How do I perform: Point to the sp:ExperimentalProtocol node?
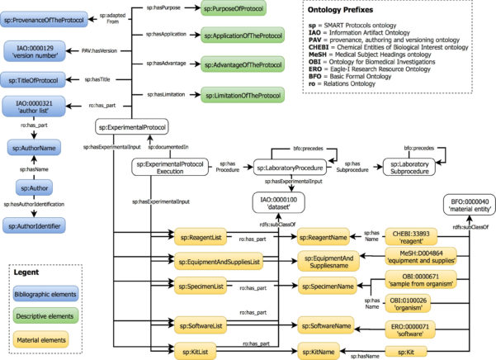pyautogui.click(x=132, y=127)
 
